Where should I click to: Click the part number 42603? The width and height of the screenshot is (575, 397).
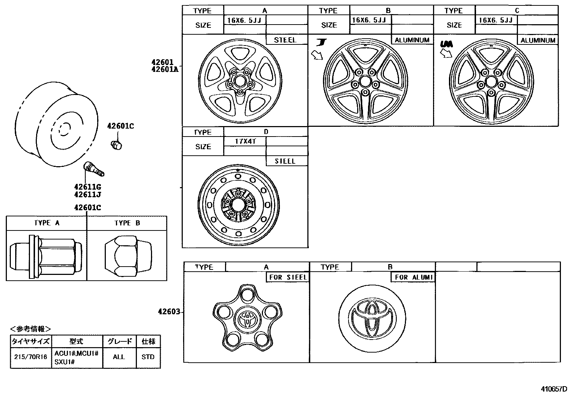(x=168, y=311)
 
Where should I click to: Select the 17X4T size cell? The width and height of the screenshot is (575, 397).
(x=245, y=141)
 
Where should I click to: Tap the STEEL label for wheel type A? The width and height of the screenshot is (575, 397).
(x=285, y=40)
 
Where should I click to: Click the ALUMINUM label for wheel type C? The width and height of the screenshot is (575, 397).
(x=538, y=40)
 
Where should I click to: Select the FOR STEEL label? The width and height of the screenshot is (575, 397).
(x=288, y=277)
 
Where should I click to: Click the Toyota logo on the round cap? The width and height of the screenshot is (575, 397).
(x=372, y=316)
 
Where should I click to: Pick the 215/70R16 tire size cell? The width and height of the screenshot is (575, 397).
(x=31, y=357)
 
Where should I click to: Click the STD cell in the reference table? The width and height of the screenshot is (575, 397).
(x=148, y=357)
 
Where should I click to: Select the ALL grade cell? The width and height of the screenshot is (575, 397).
(x=118, y=357)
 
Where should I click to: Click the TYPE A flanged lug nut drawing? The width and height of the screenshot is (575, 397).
(x=46, y=256)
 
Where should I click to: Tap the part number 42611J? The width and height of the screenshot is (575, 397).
(x=87, y=195)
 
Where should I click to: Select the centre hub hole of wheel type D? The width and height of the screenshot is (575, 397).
(x=238, y=205)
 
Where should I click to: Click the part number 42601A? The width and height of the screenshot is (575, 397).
(x=165, y=69)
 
